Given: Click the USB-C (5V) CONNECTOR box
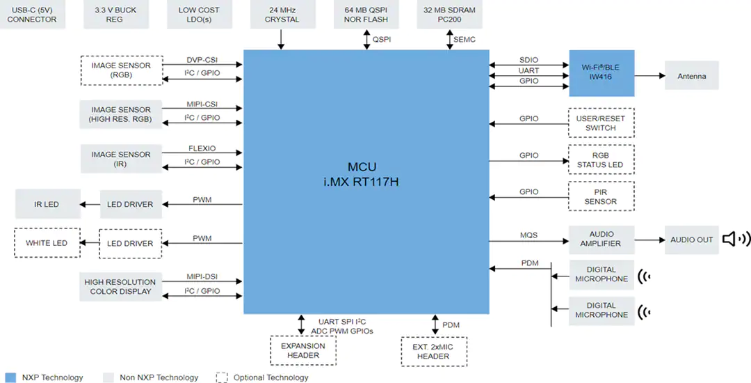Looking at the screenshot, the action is pos(32,15).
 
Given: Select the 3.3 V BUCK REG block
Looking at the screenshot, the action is pos(115,15).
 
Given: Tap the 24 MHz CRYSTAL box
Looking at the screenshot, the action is pos(282,15).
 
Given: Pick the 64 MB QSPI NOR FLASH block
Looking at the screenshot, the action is pos(366,15).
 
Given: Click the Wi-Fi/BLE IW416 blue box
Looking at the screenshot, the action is pos(601,73).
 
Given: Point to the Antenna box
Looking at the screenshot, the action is pos(692,76).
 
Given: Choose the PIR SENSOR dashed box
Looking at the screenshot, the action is pos(601,196).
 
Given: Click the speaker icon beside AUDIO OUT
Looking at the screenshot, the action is pos(736,239).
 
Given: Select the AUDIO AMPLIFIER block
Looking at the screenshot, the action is pos(601,239).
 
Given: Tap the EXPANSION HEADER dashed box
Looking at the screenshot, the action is pos(302,351).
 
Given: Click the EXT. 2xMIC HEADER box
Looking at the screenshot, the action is pos(433,352).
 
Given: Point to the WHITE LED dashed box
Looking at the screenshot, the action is pos(47,243).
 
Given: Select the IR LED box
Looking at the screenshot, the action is pos(47,204).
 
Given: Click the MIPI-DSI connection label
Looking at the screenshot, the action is pos(202,276).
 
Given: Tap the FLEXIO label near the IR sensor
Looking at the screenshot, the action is pos(202,148).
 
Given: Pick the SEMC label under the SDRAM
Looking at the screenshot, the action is pos(465,39).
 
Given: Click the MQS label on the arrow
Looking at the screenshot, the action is pos(528,235).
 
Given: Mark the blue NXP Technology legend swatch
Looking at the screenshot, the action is pos(10,377).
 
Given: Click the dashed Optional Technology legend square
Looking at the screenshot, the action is pos(222,377).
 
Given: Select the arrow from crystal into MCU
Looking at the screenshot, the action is pos(281,39).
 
